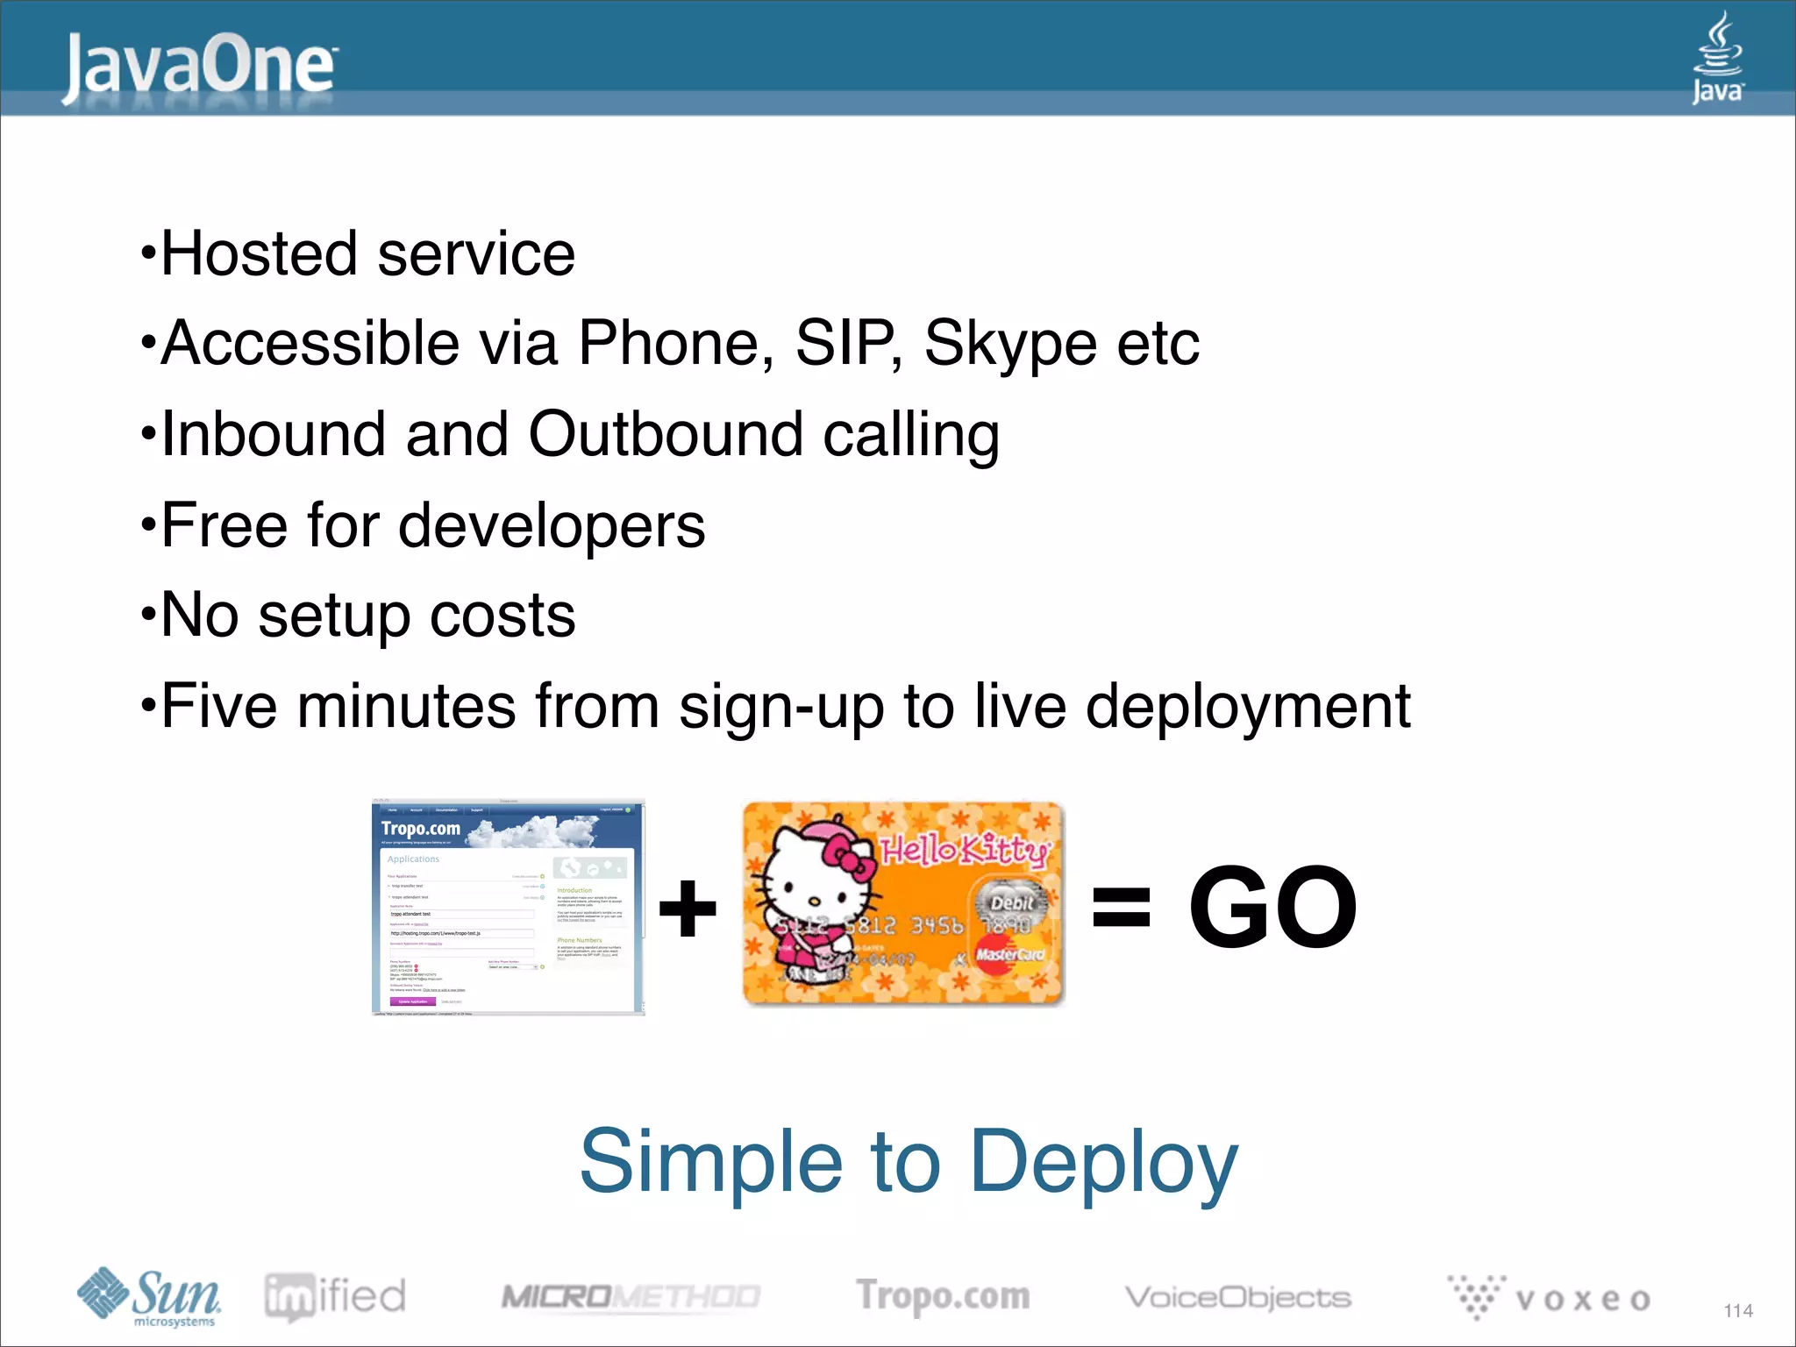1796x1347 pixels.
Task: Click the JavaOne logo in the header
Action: tap(200, 66)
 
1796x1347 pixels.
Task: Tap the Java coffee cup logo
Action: tap(1717, 57)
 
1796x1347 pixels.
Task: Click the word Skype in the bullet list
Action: tap(1009, 343)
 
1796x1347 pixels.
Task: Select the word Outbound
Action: tap(665, 434)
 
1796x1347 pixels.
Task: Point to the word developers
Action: tap(552, 526)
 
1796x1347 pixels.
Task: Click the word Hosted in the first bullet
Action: tap(259, 254)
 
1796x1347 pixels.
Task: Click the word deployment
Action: tap(1248, 707)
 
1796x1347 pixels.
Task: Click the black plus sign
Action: tap(688, 908)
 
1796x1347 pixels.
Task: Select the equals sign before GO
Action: tap(1121, 907)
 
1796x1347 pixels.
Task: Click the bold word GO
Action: tap(1273, 907)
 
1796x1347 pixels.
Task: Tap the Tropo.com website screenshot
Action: tap(509, 907)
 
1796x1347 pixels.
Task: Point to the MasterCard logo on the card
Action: tap(1009, 954)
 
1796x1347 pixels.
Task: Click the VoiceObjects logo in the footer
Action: tap(1237, 1297)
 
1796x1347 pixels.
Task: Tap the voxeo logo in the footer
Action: tap(1550, 1297)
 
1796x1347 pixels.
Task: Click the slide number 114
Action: tap(1737, 1310)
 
